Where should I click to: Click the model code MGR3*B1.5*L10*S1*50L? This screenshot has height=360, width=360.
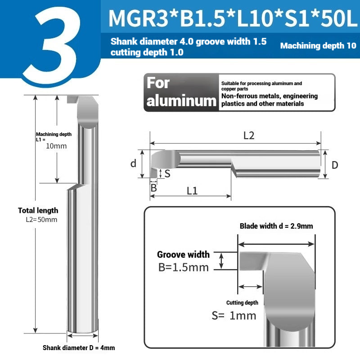233,18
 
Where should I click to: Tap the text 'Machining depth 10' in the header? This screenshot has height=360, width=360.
318,46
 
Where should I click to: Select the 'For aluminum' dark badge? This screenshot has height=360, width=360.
181,93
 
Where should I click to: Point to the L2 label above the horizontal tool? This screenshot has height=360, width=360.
249,136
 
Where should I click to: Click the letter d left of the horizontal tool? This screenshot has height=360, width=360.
133,163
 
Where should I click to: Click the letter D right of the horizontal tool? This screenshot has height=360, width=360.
335,165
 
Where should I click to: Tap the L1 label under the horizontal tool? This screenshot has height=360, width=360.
192,190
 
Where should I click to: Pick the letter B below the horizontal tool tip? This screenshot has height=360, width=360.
153,188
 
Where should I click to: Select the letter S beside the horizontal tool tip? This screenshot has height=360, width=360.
167,174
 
